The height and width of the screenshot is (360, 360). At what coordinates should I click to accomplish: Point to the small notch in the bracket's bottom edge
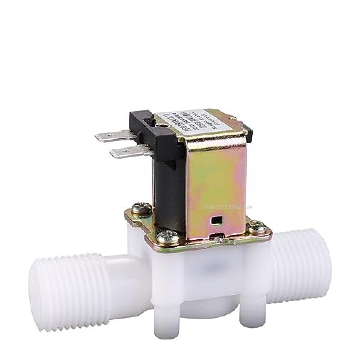click(x=217, y=237)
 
